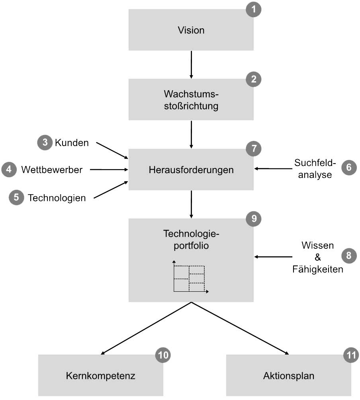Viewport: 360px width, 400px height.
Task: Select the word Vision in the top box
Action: (191, 30)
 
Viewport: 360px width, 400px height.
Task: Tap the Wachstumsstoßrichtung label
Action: (191, 100)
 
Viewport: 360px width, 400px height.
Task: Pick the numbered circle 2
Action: (254, 79)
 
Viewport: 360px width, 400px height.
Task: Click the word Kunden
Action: (72, 143)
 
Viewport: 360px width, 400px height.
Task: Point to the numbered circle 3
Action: (45, 143)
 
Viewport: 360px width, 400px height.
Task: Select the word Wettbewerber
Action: (52, 170)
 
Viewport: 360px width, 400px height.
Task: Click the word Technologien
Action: (57, 198)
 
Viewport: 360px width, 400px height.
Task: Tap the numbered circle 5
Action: (16, 197)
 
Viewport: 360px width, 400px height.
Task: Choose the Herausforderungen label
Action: (191, 170)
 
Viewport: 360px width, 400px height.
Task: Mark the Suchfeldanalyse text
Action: (315, 169)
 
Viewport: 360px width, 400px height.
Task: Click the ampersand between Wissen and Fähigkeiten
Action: (317, 257)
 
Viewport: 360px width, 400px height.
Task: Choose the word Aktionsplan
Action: (289, 376)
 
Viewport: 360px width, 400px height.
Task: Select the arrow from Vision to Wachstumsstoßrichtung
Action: (192, 64)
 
